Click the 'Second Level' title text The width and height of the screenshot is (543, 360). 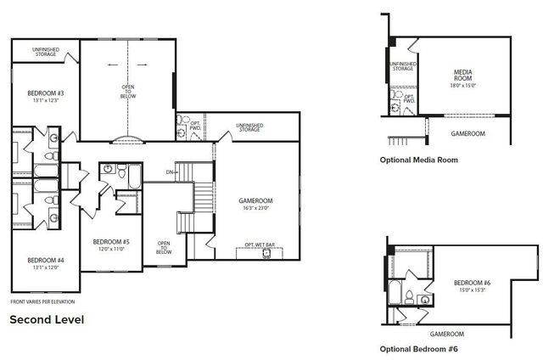click(x=46, y=320)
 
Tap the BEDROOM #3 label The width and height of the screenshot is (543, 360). click(x=41, y=93)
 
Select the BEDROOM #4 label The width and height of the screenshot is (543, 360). click(x=40, y=260)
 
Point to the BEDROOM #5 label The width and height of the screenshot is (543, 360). click(x=110, y=242)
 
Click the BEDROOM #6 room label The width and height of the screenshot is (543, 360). click(x=472, y=283)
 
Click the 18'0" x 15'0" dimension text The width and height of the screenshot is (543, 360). click(x=462, y=86)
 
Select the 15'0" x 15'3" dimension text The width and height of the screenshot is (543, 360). click(x=472, y=290)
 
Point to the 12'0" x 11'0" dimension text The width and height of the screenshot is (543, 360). click(x=110, y=250)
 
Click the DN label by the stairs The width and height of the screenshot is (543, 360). click(x=170, y=172)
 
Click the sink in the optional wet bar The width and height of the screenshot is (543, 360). click(x=266, y=253)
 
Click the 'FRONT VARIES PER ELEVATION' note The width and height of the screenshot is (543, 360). click(x=42, y=301)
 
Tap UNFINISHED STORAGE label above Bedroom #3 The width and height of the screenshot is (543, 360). click(x=45, y=52)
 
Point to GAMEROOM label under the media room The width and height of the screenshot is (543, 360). click(x=467, y=133)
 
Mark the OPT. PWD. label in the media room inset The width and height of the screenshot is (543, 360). click(x=409, y=99)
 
